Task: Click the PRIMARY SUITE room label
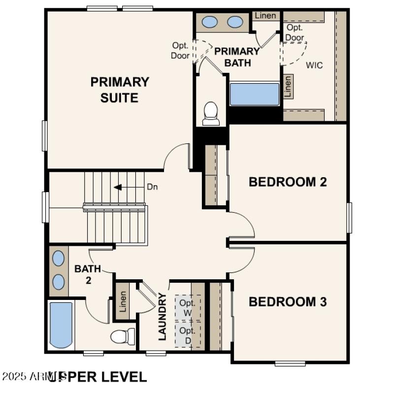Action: (120, 89)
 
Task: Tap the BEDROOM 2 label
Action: (288, 182)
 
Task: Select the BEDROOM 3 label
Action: (288, 301)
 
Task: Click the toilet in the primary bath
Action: (211, 113)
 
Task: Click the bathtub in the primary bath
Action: (255, 94)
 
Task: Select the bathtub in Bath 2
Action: (61, 325)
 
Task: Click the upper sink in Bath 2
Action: (58, 258)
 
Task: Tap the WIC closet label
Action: (314, 65)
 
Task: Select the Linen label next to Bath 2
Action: (123, 301)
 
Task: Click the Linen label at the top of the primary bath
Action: (265, 16)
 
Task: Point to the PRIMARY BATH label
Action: (237, 57)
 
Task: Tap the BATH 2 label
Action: (87, 274)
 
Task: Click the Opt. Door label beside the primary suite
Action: (180, 50)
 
